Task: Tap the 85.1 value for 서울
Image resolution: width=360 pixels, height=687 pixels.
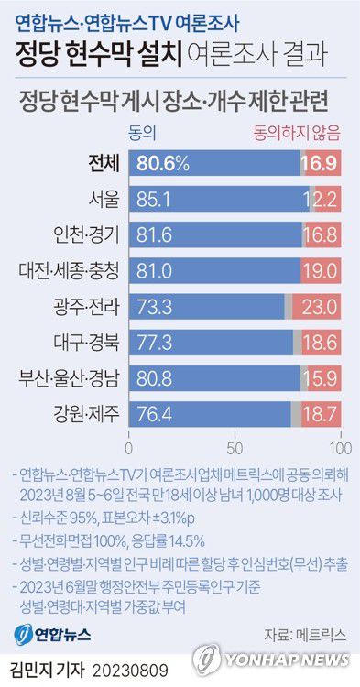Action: (x=156, y=198)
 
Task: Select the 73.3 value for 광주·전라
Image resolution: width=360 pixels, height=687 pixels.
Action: (x=156, y=306)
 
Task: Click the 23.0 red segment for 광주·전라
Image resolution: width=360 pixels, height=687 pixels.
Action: (x=321, y=306)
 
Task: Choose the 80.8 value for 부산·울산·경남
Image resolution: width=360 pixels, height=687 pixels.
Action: (x=156, y=377)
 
